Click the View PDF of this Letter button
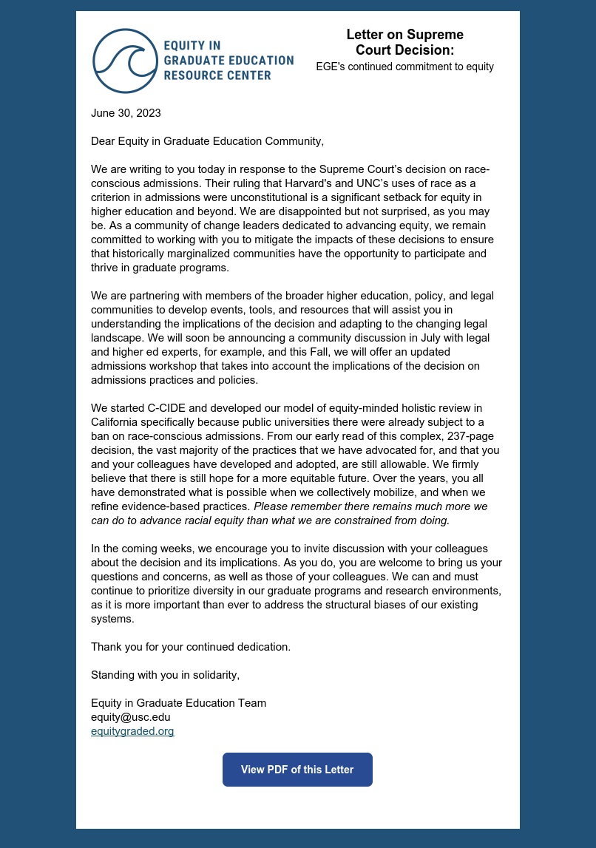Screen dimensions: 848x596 pyautogui.click(x=297, y=770)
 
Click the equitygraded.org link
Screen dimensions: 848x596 pyautogui.click(x=132, y=731)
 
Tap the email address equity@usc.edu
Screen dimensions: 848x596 pyautogui.click(x=130, y=717)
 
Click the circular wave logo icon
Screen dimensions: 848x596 pyautogui.click(x=124, y=61)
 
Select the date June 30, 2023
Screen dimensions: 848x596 pyautogui.click(x=126, y=113)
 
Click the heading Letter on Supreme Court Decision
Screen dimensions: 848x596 pyautogui.click(x=404, y=42)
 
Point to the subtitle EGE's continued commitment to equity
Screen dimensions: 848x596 pyautogui.click(x=404, y=67)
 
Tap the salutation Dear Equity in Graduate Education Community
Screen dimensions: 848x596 pyautogui.click(x=207, y=140)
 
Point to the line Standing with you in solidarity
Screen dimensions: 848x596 pyautogui.click(x=165, y=674)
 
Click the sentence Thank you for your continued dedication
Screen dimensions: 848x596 pyautogui.click(x=191, y=646)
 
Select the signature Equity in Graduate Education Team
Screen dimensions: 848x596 pyautogui.click(x=178, y=703)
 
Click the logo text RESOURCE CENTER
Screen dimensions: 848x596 pyautogui.click(x=217, y=75)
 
